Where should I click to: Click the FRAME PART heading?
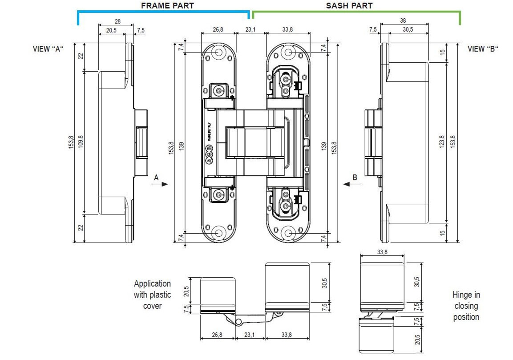(x=167, y=6)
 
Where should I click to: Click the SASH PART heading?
(x=349, y=6)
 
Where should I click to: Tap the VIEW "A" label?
(x=48, y=49)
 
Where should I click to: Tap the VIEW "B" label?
(x=483, y=49)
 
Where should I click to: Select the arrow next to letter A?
(x=159, y=184)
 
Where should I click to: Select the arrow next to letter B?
(x=351, y=184)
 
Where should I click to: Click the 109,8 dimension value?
(x=81, y=142)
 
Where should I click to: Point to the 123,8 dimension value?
(x=442, y=142)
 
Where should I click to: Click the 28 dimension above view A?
(x=118, y=21)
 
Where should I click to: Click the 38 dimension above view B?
(x=403, y=20)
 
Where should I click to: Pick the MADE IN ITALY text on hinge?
(x=209, y=132)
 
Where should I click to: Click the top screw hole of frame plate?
(x=218, y=52)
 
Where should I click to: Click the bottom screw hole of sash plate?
(x=288, y=233)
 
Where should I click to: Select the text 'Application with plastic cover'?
(x=153, y=295)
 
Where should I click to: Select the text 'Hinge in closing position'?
(x=466, y=306)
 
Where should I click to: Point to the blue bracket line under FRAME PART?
(x=164, y=12)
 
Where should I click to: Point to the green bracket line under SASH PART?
(x=356, y=12)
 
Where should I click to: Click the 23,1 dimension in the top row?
(x=250, y=29)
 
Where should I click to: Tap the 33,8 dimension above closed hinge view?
(x=382, y=252)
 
